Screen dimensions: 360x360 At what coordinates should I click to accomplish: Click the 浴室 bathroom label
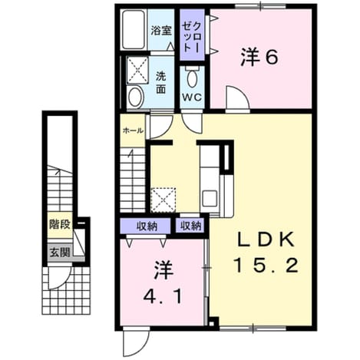point(161,31)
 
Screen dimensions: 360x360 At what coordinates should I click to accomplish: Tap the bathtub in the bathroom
point(133,29)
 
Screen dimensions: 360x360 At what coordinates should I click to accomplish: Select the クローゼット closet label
point(192,37)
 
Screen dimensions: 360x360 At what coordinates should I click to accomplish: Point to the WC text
point(192,97)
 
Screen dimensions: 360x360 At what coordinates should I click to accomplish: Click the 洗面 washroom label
point(161,83)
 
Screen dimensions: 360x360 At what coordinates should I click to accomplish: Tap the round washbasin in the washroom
point(135,97)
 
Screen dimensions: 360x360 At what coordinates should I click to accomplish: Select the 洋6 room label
point(259,58)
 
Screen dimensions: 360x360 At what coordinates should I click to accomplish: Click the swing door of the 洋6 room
point(237,99)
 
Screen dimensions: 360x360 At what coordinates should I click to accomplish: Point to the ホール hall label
point(133,131)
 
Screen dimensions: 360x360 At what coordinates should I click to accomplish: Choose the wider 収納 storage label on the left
point(147,226)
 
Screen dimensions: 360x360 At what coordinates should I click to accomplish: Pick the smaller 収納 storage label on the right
point(191,226)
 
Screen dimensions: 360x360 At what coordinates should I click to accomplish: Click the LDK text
point(266,240)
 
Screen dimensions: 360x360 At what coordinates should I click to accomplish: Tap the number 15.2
point(266,266)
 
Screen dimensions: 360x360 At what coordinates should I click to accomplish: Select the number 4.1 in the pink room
point(163,296)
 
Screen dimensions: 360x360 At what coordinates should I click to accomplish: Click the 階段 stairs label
point(60,225)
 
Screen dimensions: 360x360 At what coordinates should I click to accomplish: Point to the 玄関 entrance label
point(60,253)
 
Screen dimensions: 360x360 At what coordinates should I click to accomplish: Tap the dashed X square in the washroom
point(137,70)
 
